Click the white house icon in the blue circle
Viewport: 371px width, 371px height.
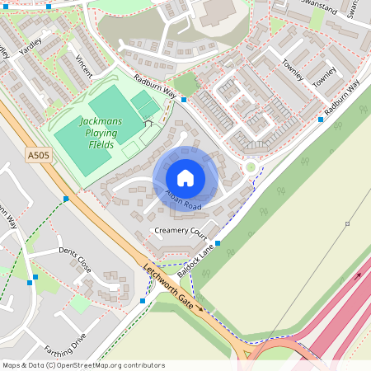coord(185,177)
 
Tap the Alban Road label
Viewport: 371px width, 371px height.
coord(183,200)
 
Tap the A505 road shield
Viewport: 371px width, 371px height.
coord(37,154)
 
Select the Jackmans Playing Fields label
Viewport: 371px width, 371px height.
coord(101,132)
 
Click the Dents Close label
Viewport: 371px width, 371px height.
coord(75,260)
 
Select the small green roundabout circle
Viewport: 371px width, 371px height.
coord(251,167)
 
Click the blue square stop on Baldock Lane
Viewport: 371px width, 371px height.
coord(220,243)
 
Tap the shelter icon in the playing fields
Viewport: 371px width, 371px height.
coord(148,123)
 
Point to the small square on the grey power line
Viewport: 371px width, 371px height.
coord(347,224)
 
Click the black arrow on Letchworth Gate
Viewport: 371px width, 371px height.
coord(199,308)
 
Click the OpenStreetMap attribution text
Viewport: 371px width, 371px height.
coord(83,364)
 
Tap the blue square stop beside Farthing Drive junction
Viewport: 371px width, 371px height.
coord(143,301)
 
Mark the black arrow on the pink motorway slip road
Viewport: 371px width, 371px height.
coord(357,278)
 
